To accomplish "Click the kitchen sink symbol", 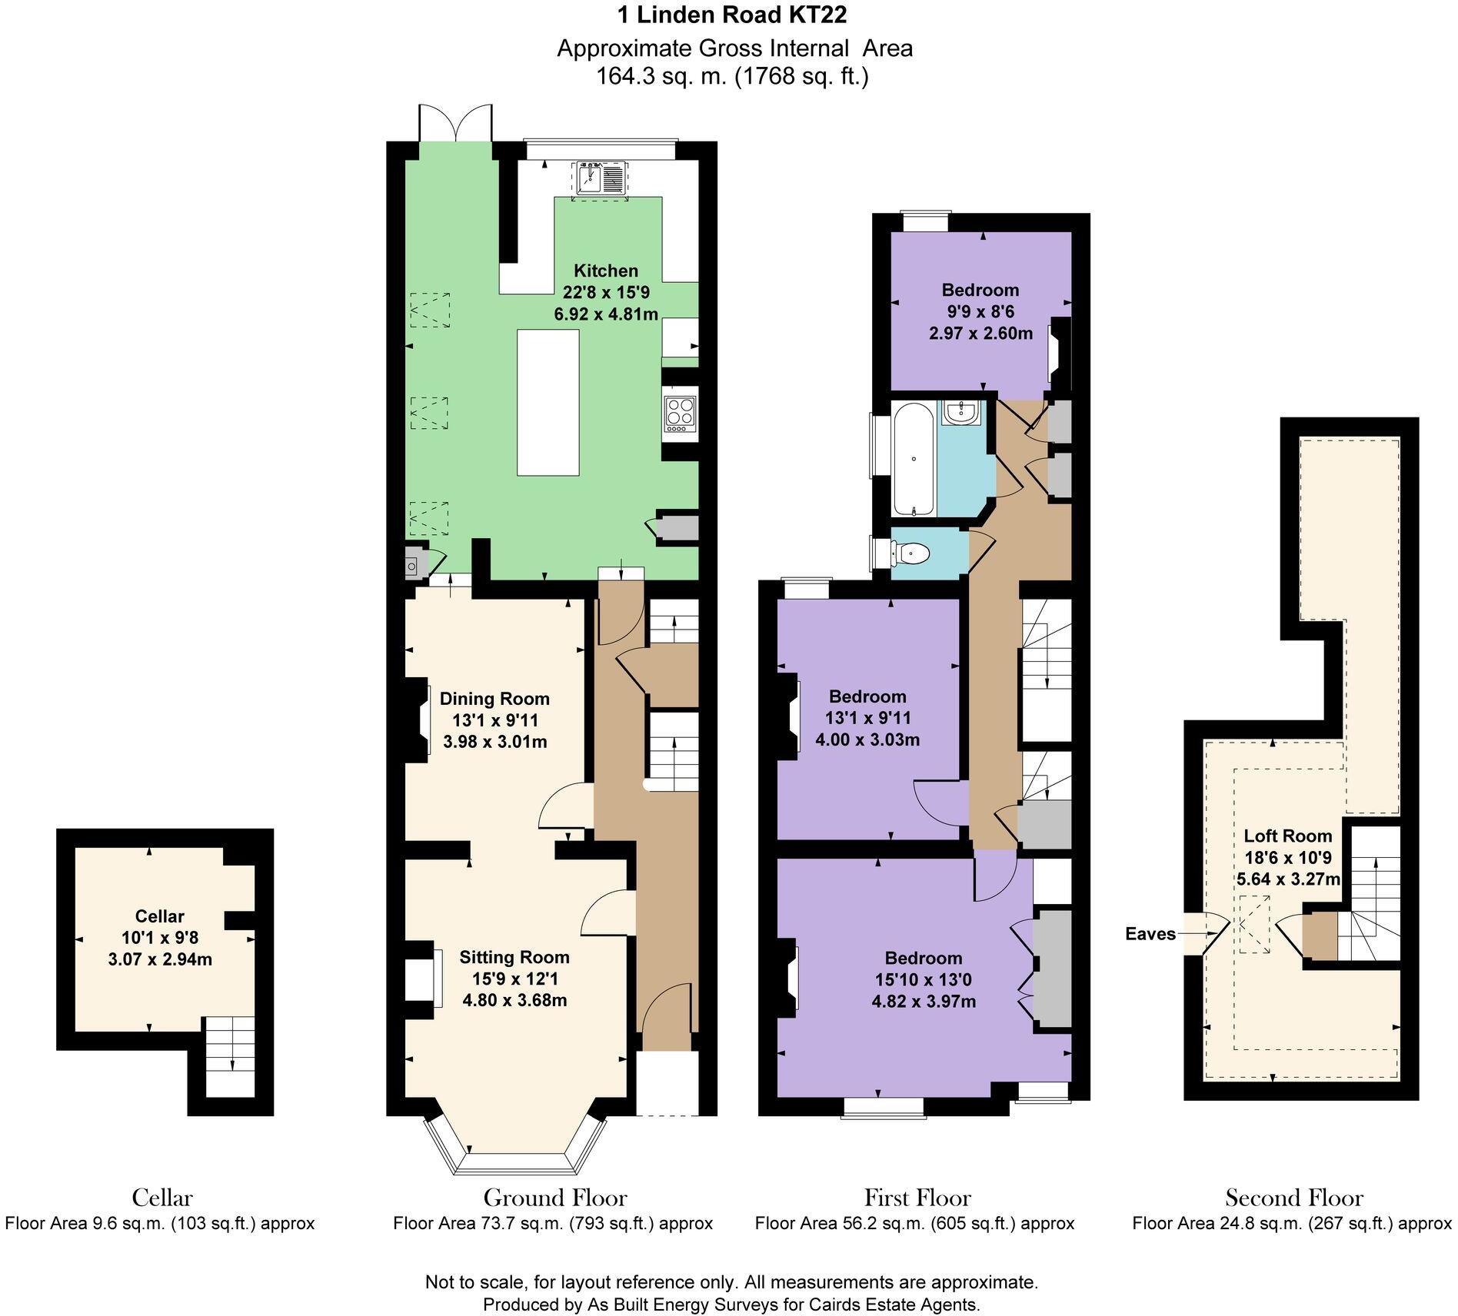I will [600, 180].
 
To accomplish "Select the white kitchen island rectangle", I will [548, 403].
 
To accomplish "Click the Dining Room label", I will [494, 699].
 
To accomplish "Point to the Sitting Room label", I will [514, 957].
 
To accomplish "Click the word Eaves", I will [1150, 934].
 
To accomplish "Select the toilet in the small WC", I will [912, 552].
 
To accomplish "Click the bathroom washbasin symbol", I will [960, 414].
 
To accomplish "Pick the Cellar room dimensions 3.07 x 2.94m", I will [160, 959].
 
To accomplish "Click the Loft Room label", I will [1287, 836].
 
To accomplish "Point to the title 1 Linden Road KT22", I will [734, 15].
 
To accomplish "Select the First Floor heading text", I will [917, 1198].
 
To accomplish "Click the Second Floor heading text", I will [1293, 1198].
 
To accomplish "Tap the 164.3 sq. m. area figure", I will [661, 76].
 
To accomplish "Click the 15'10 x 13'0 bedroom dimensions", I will [923, 979].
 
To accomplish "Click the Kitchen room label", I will [606, 271].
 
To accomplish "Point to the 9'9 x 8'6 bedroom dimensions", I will [980, 311].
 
